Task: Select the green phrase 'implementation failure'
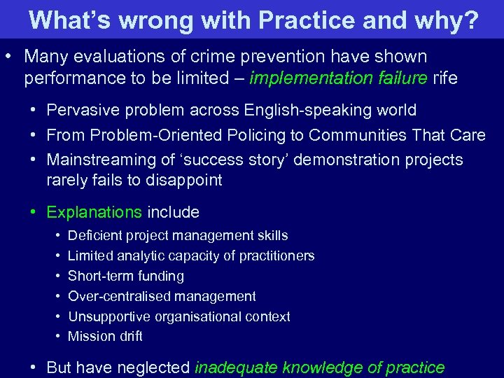coord(338,78)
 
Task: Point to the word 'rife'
coord(445,78)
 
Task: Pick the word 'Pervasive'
coord(80,110)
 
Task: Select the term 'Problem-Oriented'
coord(143,134)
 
